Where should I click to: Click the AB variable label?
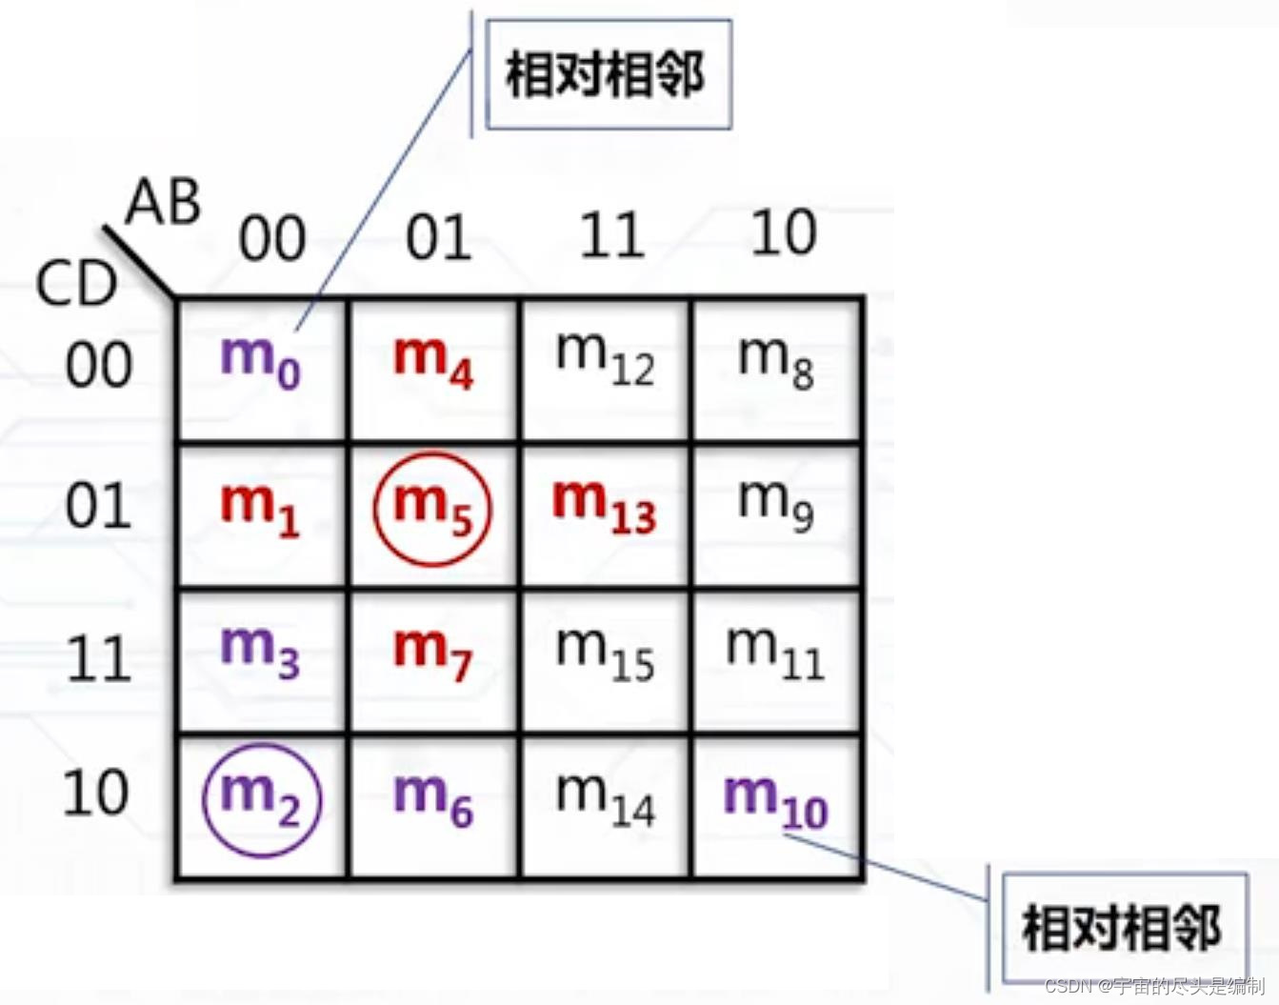coord(164,202)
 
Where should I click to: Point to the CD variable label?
coord(75,284)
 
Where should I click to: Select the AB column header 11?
coord(611,235)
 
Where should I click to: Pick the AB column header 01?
coord(438,237)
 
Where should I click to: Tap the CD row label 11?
coord(98,658)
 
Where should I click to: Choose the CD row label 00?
coord(98,365)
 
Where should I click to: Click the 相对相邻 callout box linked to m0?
coord(607,74)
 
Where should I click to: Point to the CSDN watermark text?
coord(1153,986)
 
